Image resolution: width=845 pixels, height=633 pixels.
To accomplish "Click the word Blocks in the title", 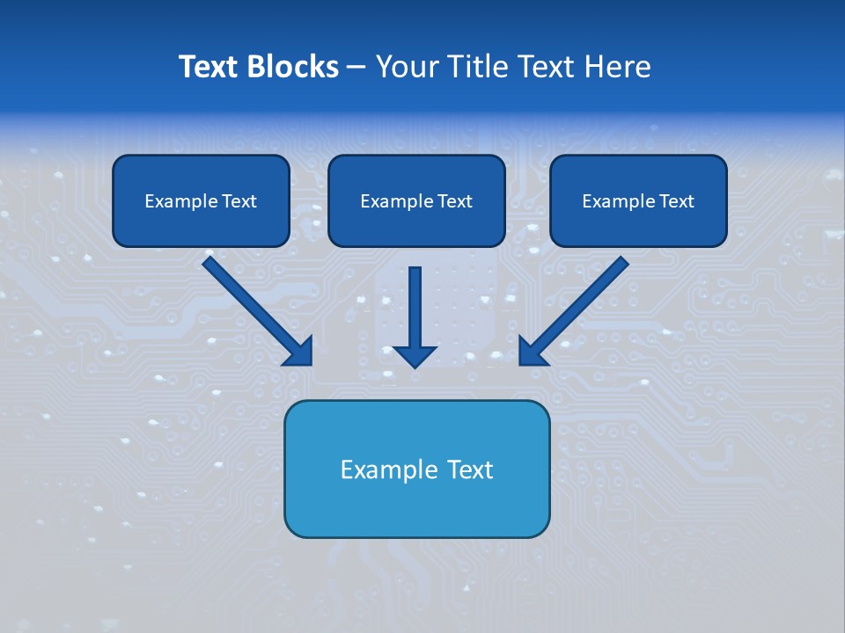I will (293, 67).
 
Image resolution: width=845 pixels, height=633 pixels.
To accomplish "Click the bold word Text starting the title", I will (209, 67).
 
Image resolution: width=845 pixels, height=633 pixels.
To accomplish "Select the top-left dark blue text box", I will (201, 200).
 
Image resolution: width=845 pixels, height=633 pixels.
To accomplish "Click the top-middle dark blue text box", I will (416, 200).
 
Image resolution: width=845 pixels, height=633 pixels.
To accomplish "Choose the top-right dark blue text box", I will (638, 200).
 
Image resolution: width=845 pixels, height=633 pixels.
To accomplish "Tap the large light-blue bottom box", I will (416, 469).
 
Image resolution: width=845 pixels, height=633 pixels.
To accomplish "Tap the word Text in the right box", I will (676, 201).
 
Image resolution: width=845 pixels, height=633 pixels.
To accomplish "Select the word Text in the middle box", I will (454, 201).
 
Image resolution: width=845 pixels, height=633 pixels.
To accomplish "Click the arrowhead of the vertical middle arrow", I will (415, 355).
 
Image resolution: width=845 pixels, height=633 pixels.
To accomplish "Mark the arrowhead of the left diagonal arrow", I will (299, 351).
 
